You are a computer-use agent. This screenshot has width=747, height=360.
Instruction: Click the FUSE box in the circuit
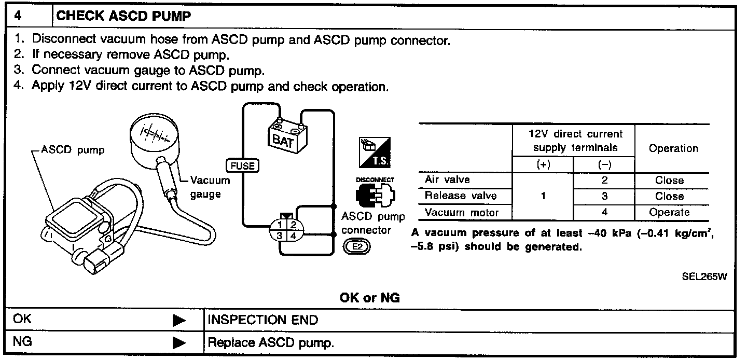coord(242,165)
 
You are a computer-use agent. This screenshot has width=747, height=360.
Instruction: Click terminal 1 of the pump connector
coord(280,225)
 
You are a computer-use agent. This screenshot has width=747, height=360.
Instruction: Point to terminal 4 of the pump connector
coord(293,236)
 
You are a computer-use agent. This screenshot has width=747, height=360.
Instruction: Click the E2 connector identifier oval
coord(357,247)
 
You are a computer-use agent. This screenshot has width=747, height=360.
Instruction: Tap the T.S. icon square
coord(375,153)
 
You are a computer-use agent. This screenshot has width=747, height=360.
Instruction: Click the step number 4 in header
coord(18,16)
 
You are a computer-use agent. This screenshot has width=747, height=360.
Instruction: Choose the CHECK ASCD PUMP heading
coord(123,16)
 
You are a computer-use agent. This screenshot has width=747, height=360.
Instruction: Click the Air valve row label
coord(447,179)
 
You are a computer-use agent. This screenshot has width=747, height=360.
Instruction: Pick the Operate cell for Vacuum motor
coord(669,212)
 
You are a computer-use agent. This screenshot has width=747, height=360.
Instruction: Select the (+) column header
coord(543,164)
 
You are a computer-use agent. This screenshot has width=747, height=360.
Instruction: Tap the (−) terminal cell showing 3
coord(604,196)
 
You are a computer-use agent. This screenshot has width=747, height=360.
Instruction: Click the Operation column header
coord(673,148)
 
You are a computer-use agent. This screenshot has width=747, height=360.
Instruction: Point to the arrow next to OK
coord(179,321)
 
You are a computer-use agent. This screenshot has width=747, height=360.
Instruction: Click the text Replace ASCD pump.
coord(271,343)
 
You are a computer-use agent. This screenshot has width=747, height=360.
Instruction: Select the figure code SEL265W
coord(704,276)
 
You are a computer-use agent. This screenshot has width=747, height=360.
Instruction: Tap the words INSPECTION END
coord(263,320)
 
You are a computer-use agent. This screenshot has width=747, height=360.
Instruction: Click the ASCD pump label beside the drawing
coord(73,150)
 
